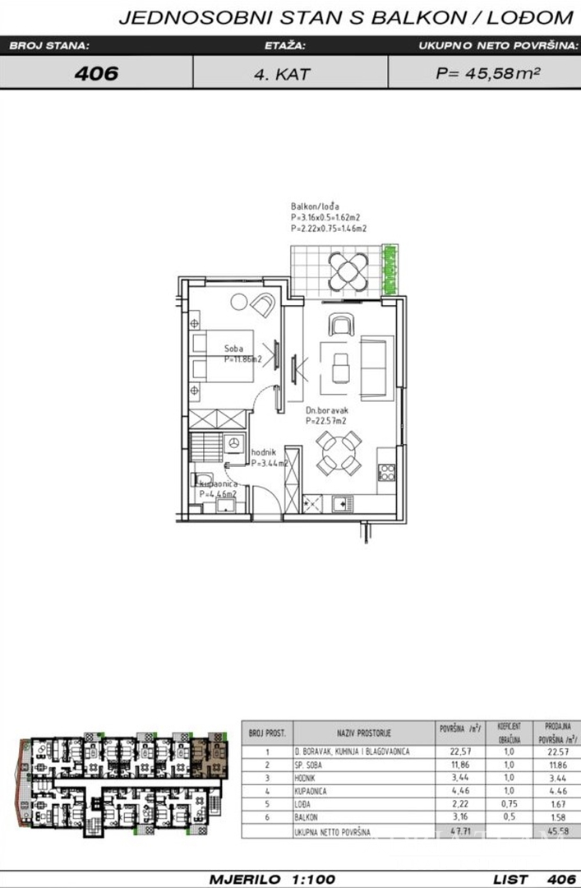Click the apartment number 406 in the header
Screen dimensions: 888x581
(96, 72)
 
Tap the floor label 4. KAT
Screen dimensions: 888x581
(282, 73)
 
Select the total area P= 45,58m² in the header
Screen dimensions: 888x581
(487, 72)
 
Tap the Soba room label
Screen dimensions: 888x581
(235, 348)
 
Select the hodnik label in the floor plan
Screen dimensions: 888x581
(263, 451)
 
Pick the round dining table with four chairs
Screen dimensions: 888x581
(339, 453)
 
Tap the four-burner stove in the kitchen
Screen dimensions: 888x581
(386, 472)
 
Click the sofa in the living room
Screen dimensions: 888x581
(375, 365)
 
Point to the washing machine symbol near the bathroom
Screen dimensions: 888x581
(233, 443)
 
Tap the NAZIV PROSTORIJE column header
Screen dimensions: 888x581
(363, 732)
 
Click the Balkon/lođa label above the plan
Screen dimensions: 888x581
(315, 206)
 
